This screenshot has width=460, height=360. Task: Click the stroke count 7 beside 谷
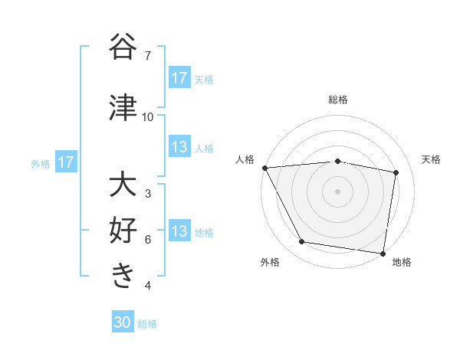pyautogui.click(x=148, y=56)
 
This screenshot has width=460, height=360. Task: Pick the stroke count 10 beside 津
pyautogui.click(x=148, y=117)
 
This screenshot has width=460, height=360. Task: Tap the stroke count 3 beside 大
pyautogui.click(x=148, y=194)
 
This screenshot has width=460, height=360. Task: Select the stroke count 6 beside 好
pyautogui.click(x=148, y=240)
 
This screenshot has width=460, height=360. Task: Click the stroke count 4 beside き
pyautogui.click(x=148, y=286)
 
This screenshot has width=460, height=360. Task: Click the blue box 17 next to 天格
pyautogui.click(x=179, y=78)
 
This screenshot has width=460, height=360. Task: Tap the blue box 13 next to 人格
pyautogui.click(x=179, y=147)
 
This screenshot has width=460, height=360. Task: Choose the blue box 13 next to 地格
pyautogui.click(x=179, y=231)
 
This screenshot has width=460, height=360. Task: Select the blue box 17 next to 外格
pyautogui.click(x=65, y=162)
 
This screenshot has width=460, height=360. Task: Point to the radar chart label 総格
pyautogui.click(x=338, y=100)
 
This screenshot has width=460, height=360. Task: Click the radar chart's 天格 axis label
pyautogui.click(x=432, y=159)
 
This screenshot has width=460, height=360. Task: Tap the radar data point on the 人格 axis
pyautogui.click(x=265, y=168)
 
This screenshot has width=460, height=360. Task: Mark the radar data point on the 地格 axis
pyautogui.click(x=383, y=253)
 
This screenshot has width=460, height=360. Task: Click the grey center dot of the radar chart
pyautogui.click(x=338, y=191)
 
